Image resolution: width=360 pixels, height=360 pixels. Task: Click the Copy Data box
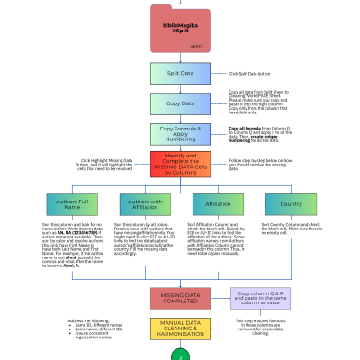(x=179, y=103)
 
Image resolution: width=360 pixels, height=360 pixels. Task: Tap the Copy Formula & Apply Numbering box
(x=179, y=134)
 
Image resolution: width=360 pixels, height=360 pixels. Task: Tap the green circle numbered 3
(x=179, y=355)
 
